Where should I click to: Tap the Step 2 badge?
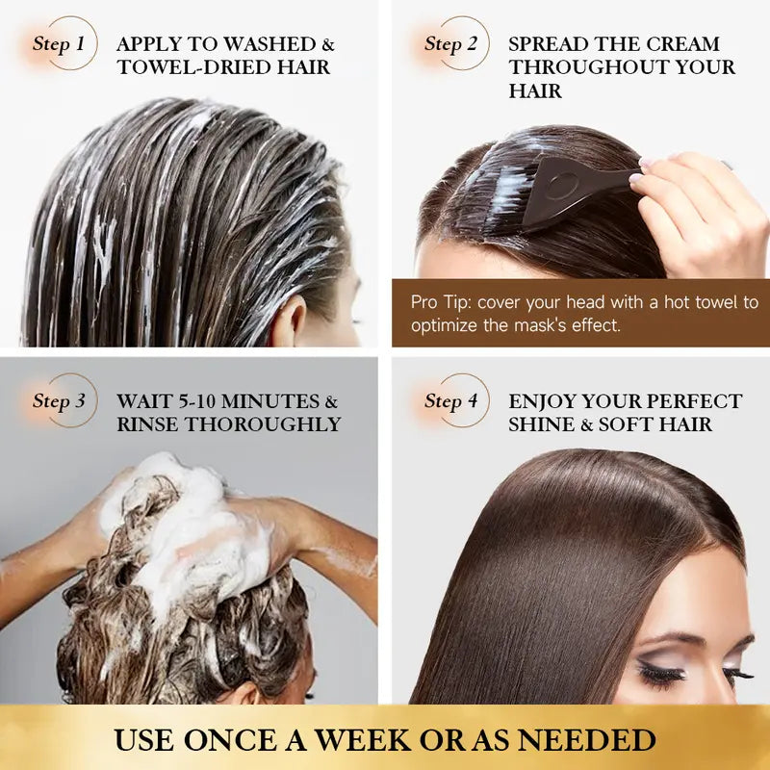point(451,43)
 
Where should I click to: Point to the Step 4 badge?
point(451,400)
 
